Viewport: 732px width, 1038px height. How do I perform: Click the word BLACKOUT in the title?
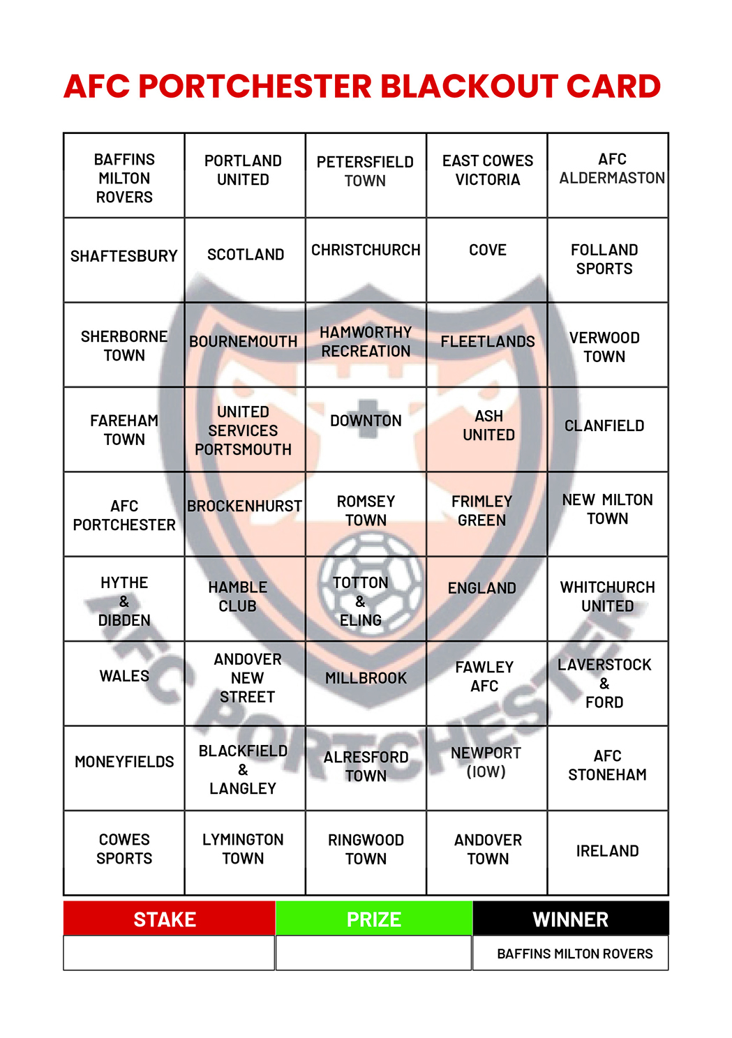[x=468, y=86]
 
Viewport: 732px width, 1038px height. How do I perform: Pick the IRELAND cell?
[x=607, y=852]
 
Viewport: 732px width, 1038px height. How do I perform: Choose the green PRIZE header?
[x=374, y=919]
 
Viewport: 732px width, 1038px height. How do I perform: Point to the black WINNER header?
[x=570, y=919]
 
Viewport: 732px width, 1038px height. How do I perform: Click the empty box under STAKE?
[x=169, y=953]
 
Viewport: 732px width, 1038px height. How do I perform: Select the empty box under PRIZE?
[x=374, y=953]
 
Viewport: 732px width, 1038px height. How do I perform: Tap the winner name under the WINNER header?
[x=574, y=954]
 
